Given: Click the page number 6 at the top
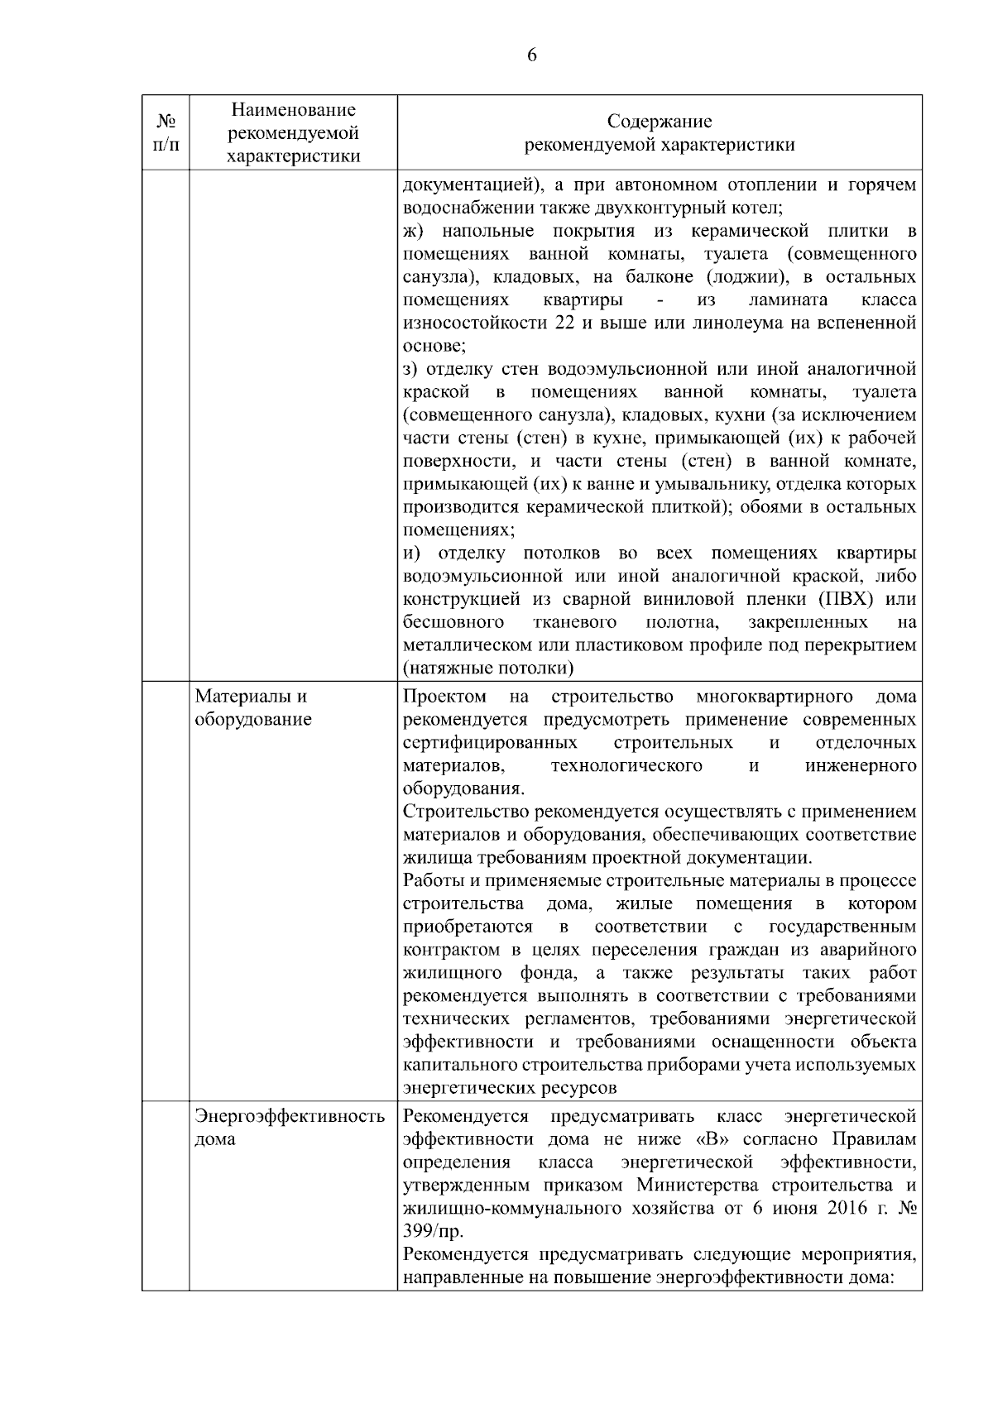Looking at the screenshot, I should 531,55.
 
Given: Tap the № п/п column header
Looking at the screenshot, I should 165,132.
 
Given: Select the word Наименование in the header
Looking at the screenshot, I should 294,110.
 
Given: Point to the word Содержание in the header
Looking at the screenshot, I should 660,122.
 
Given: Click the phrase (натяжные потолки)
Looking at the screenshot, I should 488,668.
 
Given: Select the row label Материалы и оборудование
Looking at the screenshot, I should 253,707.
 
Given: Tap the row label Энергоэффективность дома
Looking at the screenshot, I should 290,1127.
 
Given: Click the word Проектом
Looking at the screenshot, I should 444,696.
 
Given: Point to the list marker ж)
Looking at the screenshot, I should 414,230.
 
